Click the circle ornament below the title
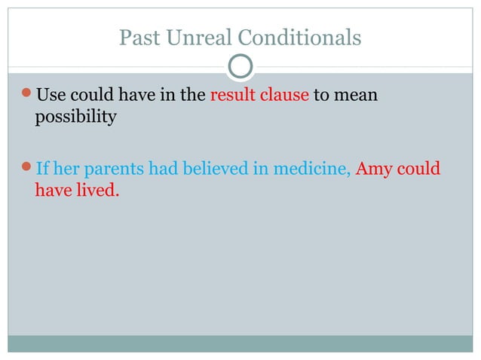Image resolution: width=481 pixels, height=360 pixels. pyautogui.click(x=240, y=67)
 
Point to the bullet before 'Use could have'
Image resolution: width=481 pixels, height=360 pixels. pyautogui.click(x=28, y=96)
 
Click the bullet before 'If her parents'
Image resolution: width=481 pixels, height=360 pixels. pyautogui.click(x=28, y=169)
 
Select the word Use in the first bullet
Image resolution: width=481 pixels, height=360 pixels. pyautogui.click(x=51, y=96)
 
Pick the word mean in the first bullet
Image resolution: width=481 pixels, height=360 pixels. pyautogui.click(x=357, y=96)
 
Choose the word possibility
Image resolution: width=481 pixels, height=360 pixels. pyautogui.click(x=75, y=118)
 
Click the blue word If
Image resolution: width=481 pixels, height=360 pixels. pyautogui.click(x=42, y=169)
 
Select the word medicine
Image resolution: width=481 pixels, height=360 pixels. pyautogui.click(x=309, y=169)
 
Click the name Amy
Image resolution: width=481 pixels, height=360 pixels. pyautogui.click(x=372, y=169)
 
